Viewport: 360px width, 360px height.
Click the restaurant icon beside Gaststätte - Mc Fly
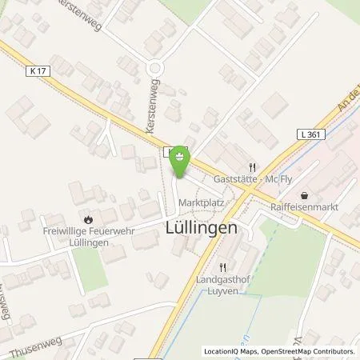[251, 167]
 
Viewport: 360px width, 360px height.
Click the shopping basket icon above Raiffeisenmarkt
[304, 194]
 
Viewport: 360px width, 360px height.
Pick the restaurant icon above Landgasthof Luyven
[224, 267]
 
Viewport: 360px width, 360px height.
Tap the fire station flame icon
[87, 217]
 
